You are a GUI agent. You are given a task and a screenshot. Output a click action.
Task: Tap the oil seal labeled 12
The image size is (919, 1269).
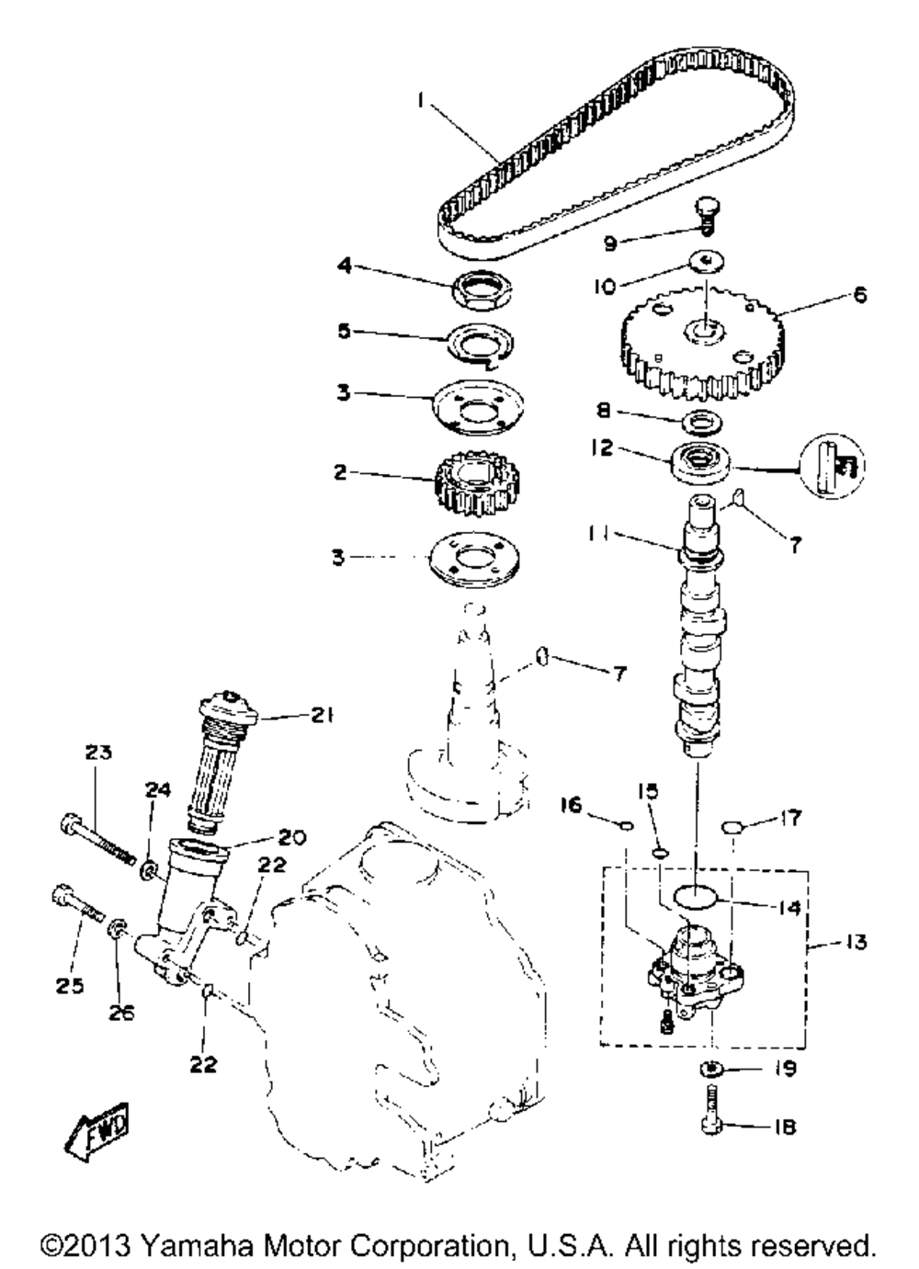click(x=698, y=459)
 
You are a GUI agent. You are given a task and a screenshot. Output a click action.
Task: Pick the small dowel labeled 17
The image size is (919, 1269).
click(x=731, y=828)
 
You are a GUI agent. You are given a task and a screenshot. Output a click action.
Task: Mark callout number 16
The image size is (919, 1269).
click(x=571, y=806)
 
